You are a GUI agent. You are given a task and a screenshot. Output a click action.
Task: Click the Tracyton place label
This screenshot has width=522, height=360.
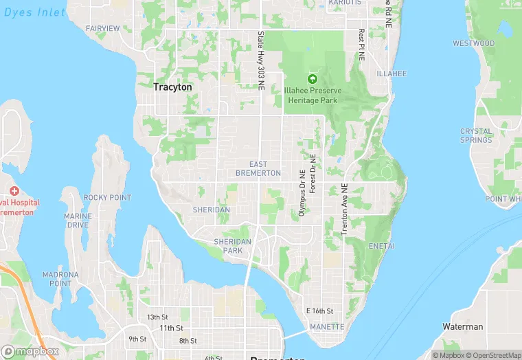[172, 87]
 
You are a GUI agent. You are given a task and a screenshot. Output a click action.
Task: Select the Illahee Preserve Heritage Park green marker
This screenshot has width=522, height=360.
[313, 79]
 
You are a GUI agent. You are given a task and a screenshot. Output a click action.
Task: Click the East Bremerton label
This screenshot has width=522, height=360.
[258, 169]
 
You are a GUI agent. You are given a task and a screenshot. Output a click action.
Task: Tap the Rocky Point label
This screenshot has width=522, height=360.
[107, 198]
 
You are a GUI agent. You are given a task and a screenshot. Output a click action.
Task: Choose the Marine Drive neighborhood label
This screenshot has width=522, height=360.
[78, 221]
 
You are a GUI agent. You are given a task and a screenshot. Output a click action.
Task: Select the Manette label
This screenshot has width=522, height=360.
[327, 327]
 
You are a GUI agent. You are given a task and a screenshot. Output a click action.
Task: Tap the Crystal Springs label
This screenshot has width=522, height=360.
[476, 135]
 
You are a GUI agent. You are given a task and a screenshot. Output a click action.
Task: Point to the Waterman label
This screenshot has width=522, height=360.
[463, 327]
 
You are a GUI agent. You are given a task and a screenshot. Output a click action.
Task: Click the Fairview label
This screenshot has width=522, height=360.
[103, 28]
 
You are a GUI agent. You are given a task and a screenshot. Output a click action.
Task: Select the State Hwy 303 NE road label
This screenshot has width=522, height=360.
[261, 60]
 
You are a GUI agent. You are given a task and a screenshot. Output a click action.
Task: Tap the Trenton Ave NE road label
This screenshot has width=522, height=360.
[345, 210]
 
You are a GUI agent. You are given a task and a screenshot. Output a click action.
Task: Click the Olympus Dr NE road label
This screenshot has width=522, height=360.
[302, 194]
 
